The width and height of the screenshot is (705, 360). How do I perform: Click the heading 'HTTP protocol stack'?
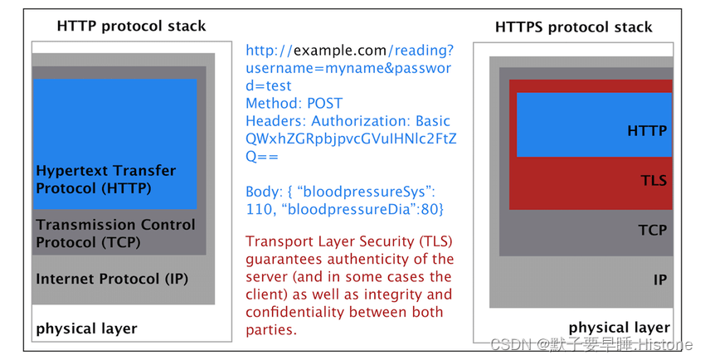pyautogui.click(x=131, y=26)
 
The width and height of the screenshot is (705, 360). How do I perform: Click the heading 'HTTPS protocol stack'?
pyautogui.click(x=573, y=27)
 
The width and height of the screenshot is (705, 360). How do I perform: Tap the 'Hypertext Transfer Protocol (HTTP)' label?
pyautogui.click(x=105, y=179)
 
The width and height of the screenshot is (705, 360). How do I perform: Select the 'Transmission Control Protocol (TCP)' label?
pyautogui.click(x=115, y=233)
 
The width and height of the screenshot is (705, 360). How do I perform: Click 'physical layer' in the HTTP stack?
pyautogui.click(x=86, y=328)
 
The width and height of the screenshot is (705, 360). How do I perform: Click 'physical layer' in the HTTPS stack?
pyautogui.click(x=619, y=328)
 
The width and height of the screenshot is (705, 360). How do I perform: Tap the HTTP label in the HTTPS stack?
pyautogui.click(x=647, y=130)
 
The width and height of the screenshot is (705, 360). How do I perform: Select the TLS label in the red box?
pyautogui.click(x=654, y=180)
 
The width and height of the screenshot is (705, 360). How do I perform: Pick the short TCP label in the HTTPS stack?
pyautogui.click(x=653, y=230)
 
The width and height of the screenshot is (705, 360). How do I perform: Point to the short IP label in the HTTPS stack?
pyautogui.click(x=659, y=280)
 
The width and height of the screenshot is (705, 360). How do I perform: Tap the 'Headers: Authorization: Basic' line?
pyautogui.click(x=348, y=121)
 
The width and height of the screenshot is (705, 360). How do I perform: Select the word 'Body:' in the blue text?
pyautogui.click(x=263, y=192)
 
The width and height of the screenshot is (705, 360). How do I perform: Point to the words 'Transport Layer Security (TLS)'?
pyautogui.click(x=349, y=241)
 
